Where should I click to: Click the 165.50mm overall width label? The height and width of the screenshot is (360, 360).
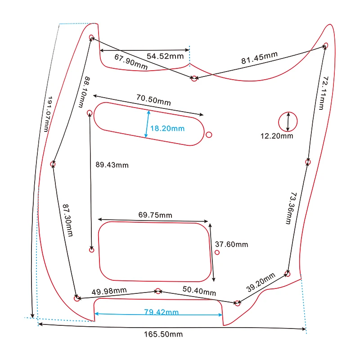pos(163,334)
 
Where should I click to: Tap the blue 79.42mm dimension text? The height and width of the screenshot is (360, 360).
pos(161,312)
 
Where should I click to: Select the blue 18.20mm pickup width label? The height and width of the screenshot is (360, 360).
pos(167,128)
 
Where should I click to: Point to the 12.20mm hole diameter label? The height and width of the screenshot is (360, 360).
pos(277,136)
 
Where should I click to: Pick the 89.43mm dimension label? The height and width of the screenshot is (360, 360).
pos(112,165)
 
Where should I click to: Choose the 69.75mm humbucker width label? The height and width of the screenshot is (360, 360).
pos(155,215)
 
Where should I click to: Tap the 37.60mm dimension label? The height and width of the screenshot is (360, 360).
pos(231,244)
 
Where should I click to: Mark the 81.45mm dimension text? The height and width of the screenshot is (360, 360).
pos(259,58)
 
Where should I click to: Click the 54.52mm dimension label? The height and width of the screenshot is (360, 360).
pos(166,56)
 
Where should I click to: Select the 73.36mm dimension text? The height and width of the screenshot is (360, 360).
pos(290,208)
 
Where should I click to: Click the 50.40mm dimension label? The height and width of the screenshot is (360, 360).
pos(199,290)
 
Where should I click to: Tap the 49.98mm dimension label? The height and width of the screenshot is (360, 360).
pos(109,292)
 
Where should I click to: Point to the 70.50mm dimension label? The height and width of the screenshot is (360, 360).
pos(153,99)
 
